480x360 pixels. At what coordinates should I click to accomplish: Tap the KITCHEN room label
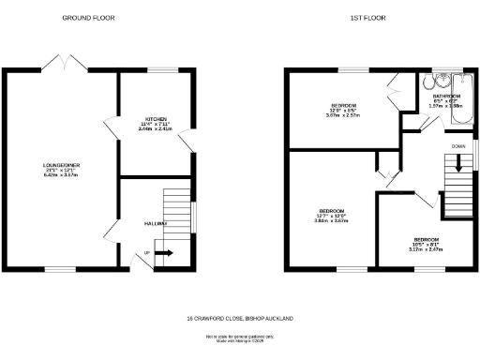156,119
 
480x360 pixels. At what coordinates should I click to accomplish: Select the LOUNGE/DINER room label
60,166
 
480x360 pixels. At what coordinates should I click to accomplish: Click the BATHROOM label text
445,97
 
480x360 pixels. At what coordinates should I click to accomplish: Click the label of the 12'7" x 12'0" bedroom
330,211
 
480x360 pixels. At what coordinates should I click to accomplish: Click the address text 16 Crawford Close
240,319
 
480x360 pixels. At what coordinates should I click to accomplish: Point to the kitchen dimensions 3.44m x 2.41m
156,128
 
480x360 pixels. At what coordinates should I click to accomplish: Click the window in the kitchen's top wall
165,69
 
